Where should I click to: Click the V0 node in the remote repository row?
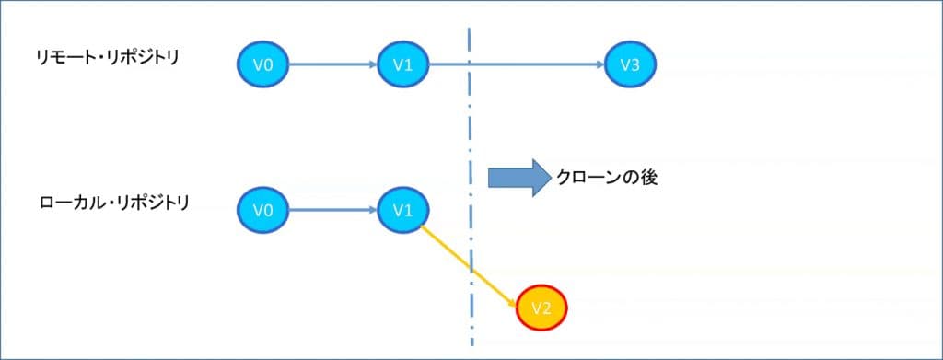263,64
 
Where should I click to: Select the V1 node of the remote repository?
402,64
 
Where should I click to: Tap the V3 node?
631,64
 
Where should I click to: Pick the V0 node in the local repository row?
263,211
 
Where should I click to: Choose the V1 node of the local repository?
402,211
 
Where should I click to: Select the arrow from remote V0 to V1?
332,64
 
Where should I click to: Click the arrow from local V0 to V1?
332,211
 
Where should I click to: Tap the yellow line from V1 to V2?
465,263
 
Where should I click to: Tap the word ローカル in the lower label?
71,202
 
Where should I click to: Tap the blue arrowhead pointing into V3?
600,64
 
